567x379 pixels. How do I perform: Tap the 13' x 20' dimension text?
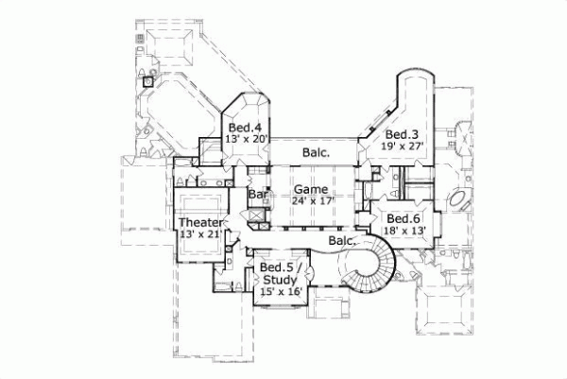click(249, 139)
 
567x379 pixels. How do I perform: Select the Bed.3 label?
click(404, 134)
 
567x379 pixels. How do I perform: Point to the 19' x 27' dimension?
click(404, 146)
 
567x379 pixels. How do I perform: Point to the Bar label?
click(256, 195)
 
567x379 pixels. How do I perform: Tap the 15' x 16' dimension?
click(281, 293)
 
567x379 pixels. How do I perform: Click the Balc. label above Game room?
click(316, 152)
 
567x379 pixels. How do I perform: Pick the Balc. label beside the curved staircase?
click(341, 242)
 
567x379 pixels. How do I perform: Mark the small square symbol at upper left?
click(146, 81)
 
